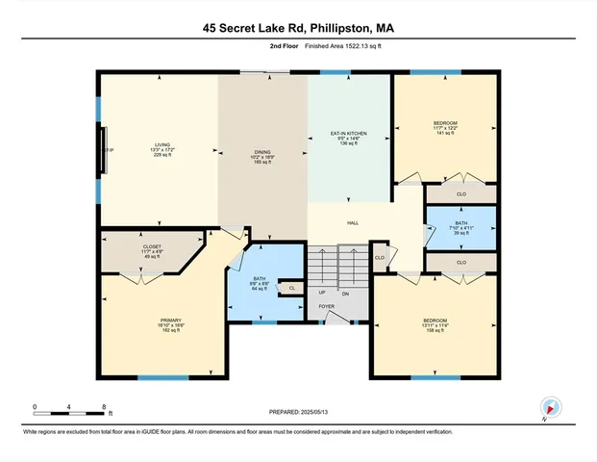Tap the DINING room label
click(262, 152)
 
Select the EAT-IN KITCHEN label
click(350, 133)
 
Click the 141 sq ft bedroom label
click(445, 122)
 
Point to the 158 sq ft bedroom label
click(434, 320)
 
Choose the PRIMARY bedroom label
click(171, 320)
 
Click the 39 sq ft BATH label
click(461, 223)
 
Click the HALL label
click(353, 223)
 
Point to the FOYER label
click(327, 307)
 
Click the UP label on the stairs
click(321, 292)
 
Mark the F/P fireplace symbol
click(109, 150)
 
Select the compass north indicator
click(550, 408)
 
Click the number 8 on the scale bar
click(106, 407)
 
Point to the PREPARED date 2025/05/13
click(298, 410)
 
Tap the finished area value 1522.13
click(354, 46)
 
